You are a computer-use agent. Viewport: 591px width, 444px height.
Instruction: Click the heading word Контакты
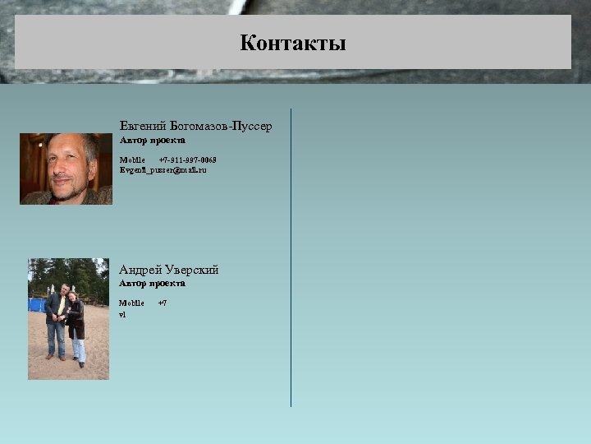coord(293,43)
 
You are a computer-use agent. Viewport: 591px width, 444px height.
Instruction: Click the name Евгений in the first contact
coord(143,126)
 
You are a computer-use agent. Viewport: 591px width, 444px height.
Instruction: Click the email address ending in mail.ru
coord(163,169)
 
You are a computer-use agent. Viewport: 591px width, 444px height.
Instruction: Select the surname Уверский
coord(192,270)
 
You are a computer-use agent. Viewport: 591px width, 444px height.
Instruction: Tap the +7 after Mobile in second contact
coord(163,303)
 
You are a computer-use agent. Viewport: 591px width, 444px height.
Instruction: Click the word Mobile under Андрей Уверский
coord(132,303)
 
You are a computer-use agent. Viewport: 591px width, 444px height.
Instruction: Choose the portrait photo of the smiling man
coord(66,169)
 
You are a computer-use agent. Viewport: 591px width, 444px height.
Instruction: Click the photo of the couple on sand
coord(68,318)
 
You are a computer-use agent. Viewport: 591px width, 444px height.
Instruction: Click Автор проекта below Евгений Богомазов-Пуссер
coord(153,141)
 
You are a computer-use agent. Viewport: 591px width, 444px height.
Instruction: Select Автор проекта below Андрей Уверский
coord(153,284)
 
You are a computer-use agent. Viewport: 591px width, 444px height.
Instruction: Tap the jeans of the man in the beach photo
coord(55,337)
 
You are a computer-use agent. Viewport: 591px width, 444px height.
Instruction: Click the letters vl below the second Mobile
coord(122,314)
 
